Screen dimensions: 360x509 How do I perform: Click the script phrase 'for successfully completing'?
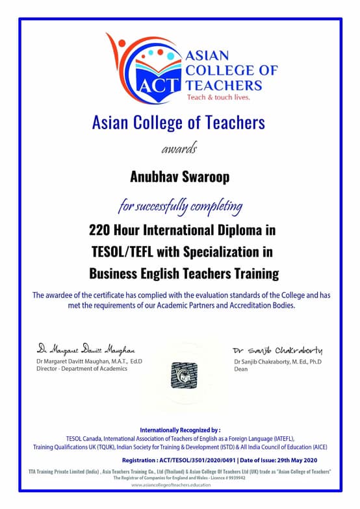tap(180, 207)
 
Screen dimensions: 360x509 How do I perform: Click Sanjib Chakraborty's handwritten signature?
tap(277, 350)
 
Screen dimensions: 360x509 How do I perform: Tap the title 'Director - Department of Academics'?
tap(82, 369)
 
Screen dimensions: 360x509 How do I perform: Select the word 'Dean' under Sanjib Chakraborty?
tap(240, 369)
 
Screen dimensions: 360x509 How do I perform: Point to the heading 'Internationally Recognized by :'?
tap(180, 430)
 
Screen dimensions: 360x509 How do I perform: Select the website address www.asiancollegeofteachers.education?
tap(180, 484)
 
